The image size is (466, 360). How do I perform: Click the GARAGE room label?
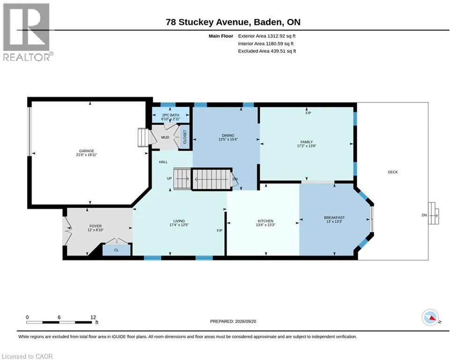point(87,151)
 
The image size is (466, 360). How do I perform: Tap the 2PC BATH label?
point(170,115)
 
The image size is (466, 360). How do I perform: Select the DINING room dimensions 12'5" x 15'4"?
point(228,139)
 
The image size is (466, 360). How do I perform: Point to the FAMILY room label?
point(306,142)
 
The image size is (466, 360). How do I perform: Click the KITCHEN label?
point(266,221)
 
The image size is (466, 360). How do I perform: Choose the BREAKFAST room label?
point(334,217)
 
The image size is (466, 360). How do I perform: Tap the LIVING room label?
point(179,221)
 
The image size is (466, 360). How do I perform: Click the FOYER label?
point(96,226)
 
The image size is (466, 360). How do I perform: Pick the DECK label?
point(392,172)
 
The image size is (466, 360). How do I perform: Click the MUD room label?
point(165,137)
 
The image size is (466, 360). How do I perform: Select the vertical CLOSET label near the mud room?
point(185,137)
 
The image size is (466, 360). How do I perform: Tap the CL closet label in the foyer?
point(116,250)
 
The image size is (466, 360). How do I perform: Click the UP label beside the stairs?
point(169,179)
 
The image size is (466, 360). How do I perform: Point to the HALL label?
point(163,162)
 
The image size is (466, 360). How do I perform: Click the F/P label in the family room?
point(308,113)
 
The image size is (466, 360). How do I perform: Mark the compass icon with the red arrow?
point(430,317)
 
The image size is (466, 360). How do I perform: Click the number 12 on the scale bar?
point(93,317)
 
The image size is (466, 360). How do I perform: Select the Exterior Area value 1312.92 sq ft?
point(281,36)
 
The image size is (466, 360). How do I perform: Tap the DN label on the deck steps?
point(424,215)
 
